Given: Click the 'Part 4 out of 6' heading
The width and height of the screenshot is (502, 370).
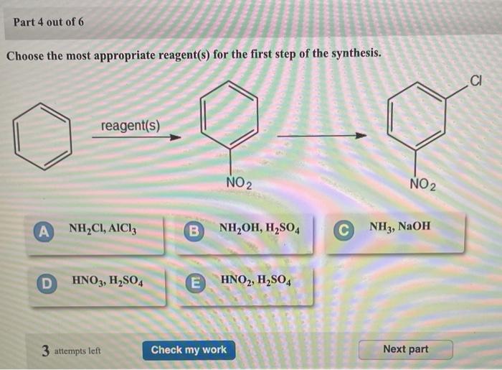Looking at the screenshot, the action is point(49,22).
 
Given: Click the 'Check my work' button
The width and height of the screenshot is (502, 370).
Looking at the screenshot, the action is point(188,350).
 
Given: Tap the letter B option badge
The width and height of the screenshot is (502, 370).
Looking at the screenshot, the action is point(193,231).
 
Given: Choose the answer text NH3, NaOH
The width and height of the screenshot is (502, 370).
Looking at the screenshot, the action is point(400,227).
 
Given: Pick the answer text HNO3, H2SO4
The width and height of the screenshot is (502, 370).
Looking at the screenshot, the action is point(108,281).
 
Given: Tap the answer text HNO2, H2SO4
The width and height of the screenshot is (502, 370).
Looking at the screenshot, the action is point(255,280).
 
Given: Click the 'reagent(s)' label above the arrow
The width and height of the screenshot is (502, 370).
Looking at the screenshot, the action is point(131,126).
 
